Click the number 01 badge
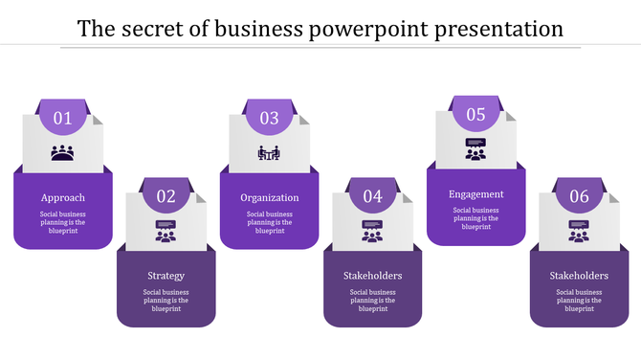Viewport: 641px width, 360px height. (63, 119)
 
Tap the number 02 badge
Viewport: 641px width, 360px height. (166, 197)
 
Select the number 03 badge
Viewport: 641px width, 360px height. (270, 119)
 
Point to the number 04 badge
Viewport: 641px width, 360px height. (373, 197)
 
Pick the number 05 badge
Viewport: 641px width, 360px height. (476, 115)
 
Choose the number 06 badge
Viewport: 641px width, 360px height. (580, 197)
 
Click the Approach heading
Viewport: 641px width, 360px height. (63, 198)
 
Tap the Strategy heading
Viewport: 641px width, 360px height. (166, 276)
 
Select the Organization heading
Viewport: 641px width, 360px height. (270, 198)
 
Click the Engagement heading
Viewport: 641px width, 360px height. (476, 194)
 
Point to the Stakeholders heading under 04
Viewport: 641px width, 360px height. (373, 276)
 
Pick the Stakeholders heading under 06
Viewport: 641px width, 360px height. (580, 276)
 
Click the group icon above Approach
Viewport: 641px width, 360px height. (63, 152)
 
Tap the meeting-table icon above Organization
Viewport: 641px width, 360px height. (270, 152)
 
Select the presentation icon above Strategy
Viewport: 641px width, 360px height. (166, 231)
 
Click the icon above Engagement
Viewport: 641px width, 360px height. (476, 148)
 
